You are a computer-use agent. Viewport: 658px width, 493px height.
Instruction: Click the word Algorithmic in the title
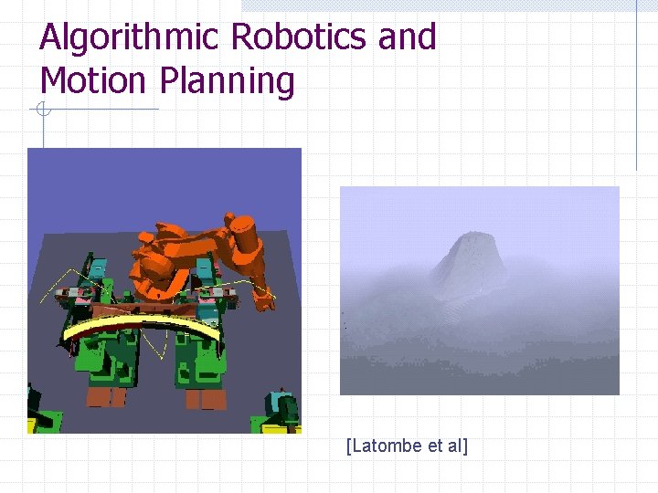tap(130, 38)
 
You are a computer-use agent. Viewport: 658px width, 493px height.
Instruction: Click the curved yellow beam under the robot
tap(142, 326)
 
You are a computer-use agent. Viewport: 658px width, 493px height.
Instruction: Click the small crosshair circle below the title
tap(42, 110)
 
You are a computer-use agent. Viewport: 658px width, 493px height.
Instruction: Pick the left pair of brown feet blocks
tap(107, 396)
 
